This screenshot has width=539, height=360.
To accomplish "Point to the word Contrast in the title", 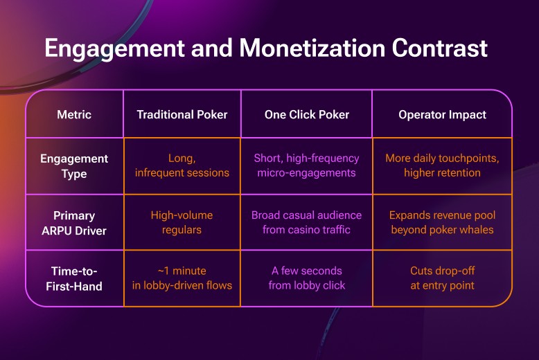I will pyautogui.click(x=443, y=48).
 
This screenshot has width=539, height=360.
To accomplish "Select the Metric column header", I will pyautogui.click(x=74, y=114).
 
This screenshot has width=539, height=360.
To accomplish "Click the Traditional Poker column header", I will pyautogui.click(x=182, y=114).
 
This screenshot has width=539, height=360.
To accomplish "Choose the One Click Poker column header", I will pyautogui.click(x=306, y=114).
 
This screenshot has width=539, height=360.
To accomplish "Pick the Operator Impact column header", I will pyautogui.click(x=442, y=114).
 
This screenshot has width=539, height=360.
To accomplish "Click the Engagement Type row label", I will pyautogui.click(x=74, y=165).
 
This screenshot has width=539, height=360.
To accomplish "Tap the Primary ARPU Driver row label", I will pyautogui.click(x=74, y=222).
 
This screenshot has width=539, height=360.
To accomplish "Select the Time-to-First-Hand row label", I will pyautogui.click(x=74, y=278).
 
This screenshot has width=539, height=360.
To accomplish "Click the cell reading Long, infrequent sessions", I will pyautogui.click(x=182, y=165).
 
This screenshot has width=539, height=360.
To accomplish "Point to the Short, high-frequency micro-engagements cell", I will pyautogui.click(x=306, y=165).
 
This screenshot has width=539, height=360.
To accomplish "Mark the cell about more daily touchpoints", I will pyautogui.click(x=442, y=165).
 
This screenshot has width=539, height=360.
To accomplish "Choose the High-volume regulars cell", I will pyautogui.click(x=182, y=222).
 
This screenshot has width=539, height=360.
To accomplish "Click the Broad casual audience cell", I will pyautogui.click(x=306, y=222).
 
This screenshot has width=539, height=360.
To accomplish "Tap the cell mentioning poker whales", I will pyautogui.click(x=442, y=222).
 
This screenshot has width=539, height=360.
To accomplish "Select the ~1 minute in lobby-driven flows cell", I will pyautogui.click(x=182, y=278).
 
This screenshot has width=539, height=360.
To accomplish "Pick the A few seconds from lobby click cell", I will pyautogui.click(x=306, y=278).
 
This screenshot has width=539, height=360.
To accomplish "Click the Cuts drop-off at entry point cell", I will pyautogui.click(x=442, y=278).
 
